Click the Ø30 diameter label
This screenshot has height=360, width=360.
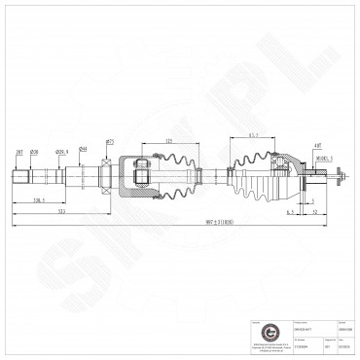(x=34, y=152)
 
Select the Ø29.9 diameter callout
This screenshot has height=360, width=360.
(x=61, y=152)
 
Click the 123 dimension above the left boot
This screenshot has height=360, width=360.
(x=169, y=141)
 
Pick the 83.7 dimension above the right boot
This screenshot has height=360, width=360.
(x=252, y=135)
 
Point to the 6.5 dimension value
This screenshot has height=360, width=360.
(x=290, y=211)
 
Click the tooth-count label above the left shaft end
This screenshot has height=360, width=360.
(x=18, y=152)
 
